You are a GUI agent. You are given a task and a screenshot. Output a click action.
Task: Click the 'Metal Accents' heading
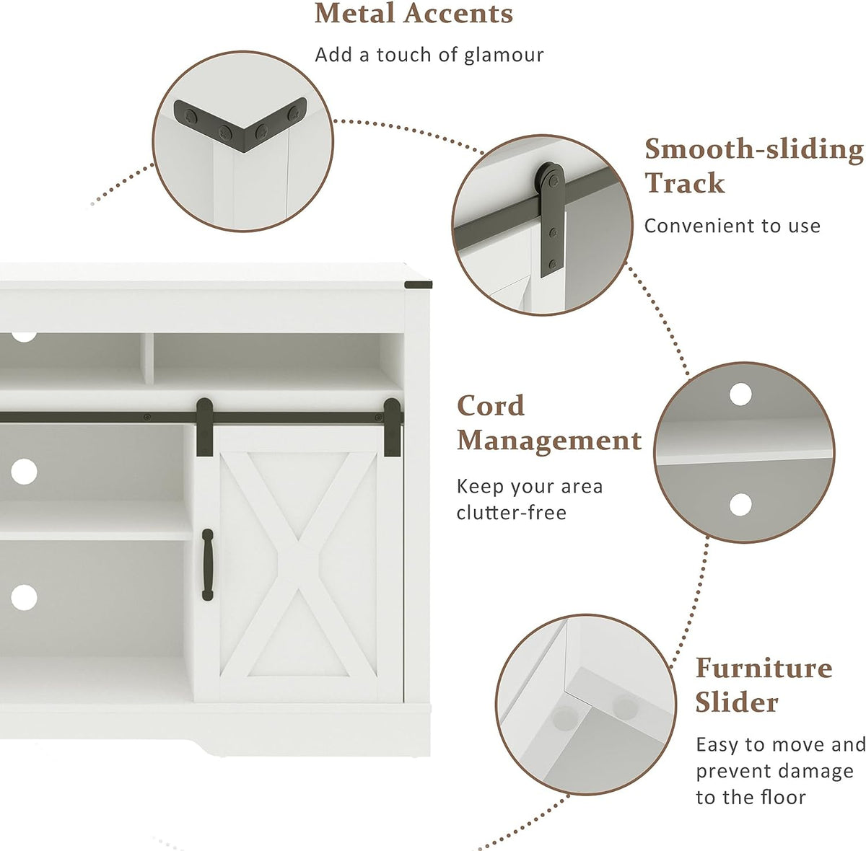(x=413, y=14)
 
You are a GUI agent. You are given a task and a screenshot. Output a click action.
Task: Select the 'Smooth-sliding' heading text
(x=753, y=149)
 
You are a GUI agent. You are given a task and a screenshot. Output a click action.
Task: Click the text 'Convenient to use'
(x=732, y=226)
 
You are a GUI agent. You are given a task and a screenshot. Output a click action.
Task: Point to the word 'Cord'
(x=490, y=406)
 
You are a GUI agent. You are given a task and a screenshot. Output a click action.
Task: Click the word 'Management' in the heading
(x=548, y=441)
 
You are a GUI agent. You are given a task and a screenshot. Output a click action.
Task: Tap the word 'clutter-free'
(x=512, y=513)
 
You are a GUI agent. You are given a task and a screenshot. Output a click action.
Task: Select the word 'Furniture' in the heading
(x=764, y=668)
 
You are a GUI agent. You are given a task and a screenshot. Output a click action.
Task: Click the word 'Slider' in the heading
(x=737, y=703)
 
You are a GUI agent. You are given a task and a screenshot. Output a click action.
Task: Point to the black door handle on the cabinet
(x=207, y=565)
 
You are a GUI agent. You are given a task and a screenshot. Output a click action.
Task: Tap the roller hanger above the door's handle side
(x=204, y=427)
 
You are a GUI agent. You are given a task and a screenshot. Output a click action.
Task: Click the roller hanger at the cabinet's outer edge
(x=392, y=427)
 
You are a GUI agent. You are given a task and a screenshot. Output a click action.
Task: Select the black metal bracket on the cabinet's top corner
(x=418, y=284)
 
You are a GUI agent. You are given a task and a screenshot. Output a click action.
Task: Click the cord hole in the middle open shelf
(x=24, y=472)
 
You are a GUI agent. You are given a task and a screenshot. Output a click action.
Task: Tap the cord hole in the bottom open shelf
(x=24, y=598)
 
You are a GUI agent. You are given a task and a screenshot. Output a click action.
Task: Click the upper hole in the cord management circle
(x=740, y=394)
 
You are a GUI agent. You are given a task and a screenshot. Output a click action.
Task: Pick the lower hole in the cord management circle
(x=740, y=505)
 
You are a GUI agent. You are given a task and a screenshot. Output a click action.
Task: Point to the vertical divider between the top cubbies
(x=149, y=358)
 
